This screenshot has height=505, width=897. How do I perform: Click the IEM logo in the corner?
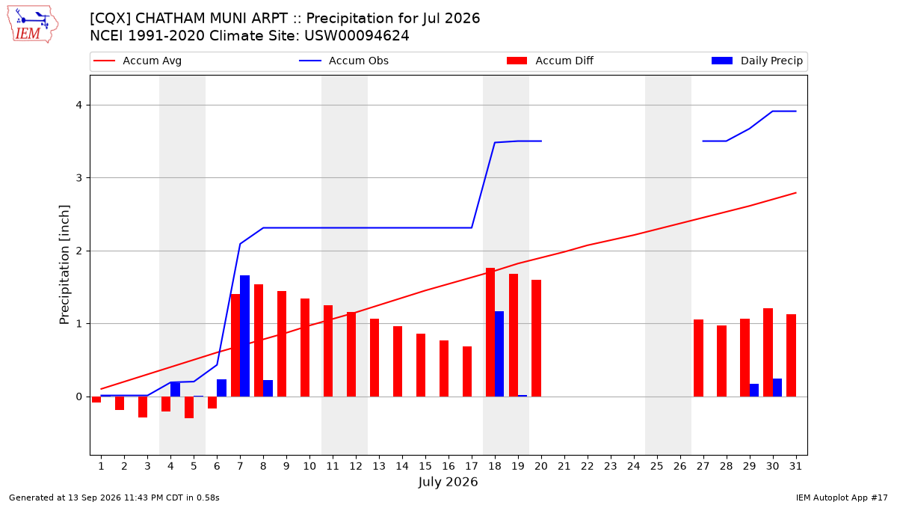coord(33,24)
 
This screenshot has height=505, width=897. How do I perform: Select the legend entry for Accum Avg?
coord(138,61)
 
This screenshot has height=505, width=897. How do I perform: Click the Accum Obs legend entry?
coord(344,61)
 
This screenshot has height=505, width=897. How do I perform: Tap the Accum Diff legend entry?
coord(550,61)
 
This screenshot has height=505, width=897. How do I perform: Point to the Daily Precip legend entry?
coord(756,61)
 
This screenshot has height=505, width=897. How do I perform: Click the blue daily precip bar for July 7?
coord(244,336)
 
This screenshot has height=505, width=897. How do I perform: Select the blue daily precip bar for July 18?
coord(499,354)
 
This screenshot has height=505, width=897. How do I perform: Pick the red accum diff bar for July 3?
coord(143,407)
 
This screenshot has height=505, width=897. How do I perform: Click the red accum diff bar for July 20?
coord(536,338)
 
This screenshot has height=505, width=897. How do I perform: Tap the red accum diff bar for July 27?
coord(698,358)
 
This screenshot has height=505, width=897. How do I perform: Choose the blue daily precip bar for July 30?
coord(777,388)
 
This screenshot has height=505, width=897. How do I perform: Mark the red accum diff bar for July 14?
coord(398,361)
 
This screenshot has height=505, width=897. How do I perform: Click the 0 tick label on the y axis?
coord(79,397)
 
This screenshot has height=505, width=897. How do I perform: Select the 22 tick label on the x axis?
coord(588,466)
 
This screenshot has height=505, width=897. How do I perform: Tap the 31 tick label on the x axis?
coord(795,466)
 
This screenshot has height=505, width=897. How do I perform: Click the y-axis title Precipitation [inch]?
coord(64,265)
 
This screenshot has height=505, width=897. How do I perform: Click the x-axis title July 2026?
coord(448,482)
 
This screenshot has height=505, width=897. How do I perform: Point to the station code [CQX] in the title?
coord(111,19)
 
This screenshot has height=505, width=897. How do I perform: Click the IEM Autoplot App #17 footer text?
coord(842,498)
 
